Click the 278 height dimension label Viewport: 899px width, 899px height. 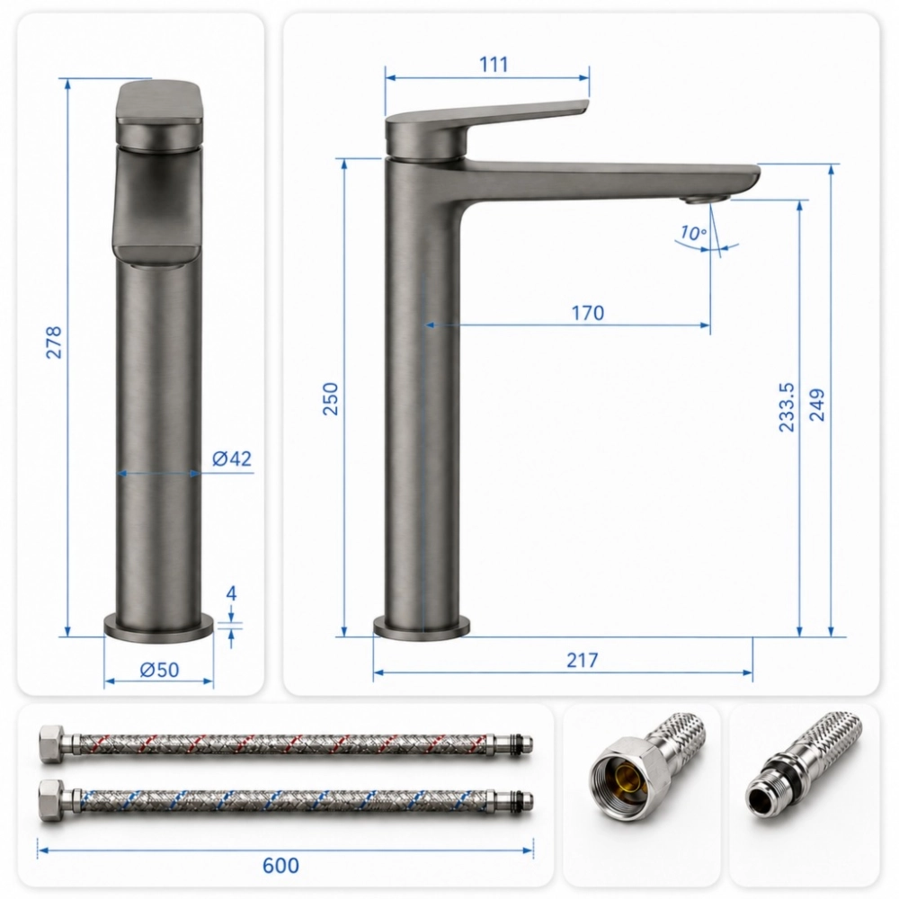pyautogui.click(x=53, y=343)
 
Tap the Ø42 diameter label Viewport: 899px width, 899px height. pyautogui.click(x=232, y=458)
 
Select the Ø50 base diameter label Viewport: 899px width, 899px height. pyautogui.click(x=159, y=669)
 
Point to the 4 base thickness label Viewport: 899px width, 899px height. pyautogui.click(x=231, y=593)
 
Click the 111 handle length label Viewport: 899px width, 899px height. pyautogui.click(x=494, y=64)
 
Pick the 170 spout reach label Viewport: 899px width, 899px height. pyautogui.click(x=588, y=313)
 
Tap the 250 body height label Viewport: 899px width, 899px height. pyautogui.click(x=331, y=398)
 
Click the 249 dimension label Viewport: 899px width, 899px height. pyautogui.click(x=816, y=405)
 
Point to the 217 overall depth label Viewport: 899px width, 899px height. pyautogui.click(x=583, y=660)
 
